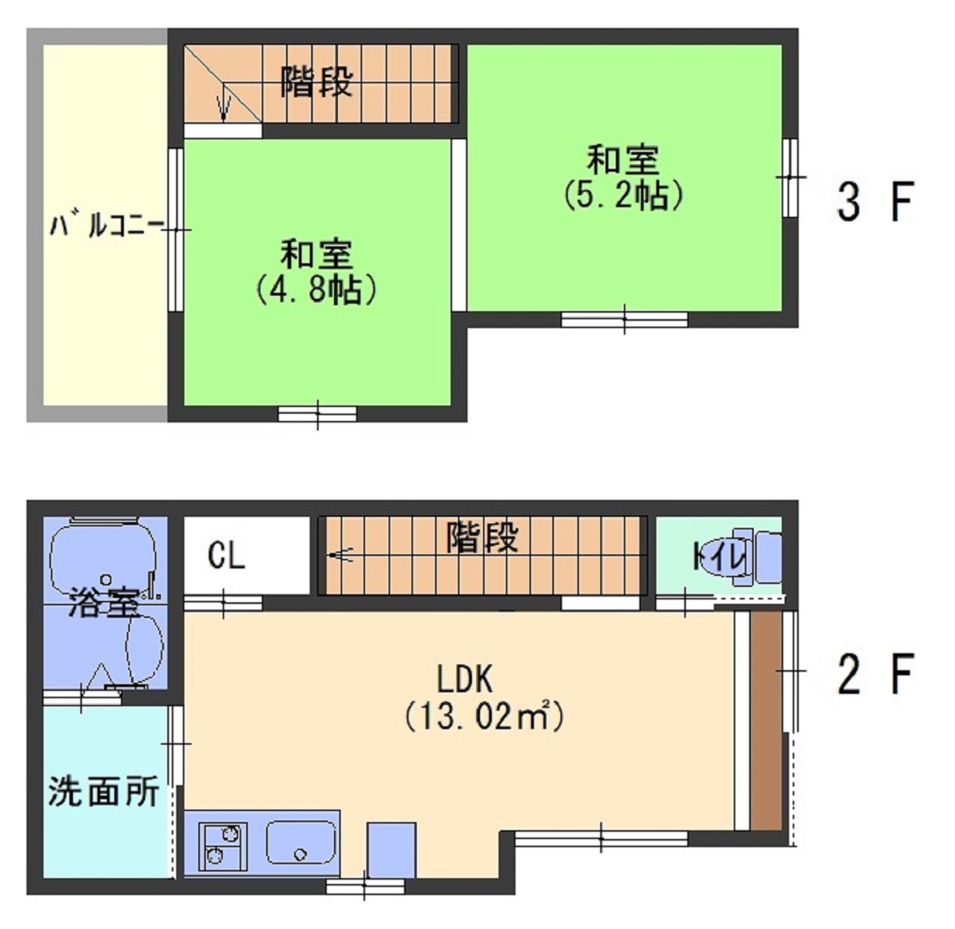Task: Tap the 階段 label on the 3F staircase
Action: (x=316, y=82)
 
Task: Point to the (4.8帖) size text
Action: (x=317, y=290)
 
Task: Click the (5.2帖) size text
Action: (x=623, y=195)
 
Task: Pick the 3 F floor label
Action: (x=875, y=201)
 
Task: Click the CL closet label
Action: (x=226, y=555)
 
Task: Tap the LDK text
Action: (x=465, y=678)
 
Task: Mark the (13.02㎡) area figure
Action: (x=485, y=716)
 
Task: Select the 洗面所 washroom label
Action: (x=104, y=792)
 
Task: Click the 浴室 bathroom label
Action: (x=104, y=604)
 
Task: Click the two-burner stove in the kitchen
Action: (x=223, y=844)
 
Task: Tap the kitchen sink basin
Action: (x=301, y=843)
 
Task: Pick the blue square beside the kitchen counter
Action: (x=391, y=849)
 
